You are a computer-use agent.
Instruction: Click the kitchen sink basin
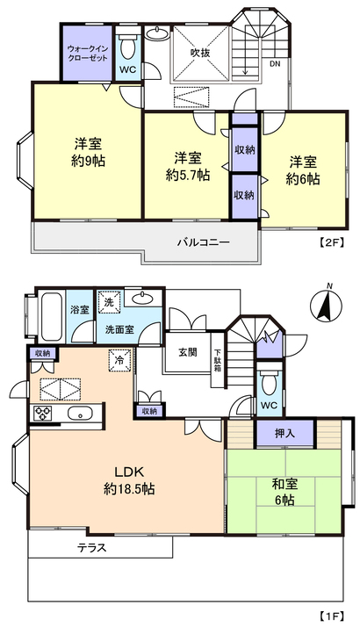click(x=80, y=413)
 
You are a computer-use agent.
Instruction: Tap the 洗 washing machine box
click(x=109, y=301)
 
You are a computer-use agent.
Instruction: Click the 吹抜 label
click(x=200, y=53)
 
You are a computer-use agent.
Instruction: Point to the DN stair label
click(x=275, y=63)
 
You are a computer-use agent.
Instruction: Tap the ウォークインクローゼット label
click(x=87, y=54)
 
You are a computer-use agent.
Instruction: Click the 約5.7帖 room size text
click(x=188, y=175)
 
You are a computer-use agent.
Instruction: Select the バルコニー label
click(x=204, y=242)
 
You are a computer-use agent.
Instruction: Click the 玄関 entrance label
click(x=188, y=352)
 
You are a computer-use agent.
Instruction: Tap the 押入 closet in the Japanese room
click(x=284, y=433)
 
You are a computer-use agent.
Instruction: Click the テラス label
click(x=92, y=547)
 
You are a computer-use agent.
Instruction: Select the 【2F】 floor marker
click(x=332, y=241)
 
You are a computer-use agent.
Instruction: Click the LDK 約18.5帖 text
click(x=129, y=479)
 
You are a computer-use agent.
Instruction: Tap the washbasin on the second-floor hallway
click(x=157, y=33)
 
